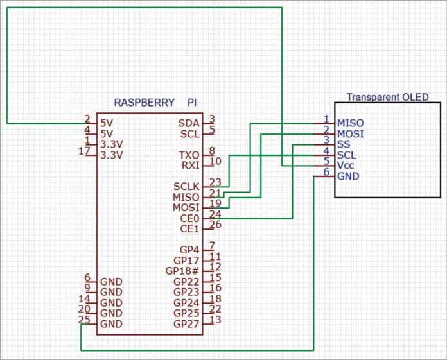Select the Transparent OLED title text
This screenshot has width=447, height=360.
tap(387, 97)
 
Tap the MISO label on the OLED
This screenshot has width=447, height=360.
tap(351, 123)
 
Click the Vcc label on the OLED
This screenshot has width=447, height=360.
tap(347, 166)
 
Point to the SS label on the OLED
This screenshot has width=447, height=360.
tap(344, 144)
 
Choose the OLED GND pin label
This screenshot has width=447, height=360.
tap(349, 176)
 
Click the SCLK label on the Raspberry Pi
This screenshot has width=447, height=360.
tap(185, 186)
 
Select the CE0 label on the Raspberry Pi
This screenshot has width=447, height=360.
tap(189, 218)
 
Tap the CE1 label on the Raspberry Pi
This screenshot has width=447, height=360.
tap(189, 229)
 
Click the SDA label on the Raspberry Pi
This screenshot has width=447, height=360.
tap(188, 123)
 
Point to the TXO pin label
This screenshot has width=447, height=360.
tap(189, 155)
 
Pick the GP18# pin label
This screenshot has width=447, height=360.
tap(182, 271)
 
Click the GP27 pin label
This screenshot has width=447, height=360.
tap(186, 323)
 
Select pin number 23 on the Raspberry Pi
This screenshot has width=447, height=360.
tap(215, 182)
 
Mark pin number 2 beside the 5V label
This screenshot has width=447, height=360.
tap(87, 119)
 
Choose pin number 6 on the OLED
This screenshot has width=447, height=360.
tap(326, 172)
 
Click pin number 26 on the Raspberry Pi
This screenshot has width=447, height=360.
tap(215, 225)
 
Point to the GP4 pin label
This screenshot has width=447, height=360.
tap(189, 250)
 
